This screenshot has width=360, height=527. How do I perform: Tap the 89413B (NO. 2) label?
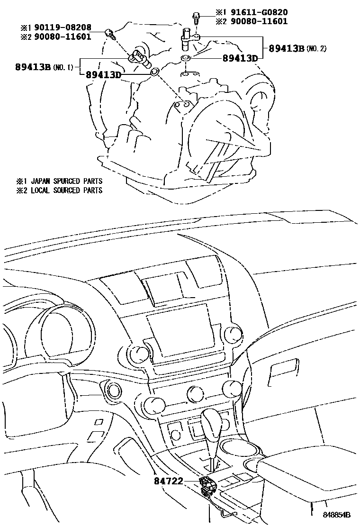tap(297, 49)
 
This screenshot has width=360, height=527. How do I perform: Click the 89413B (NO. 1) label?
tap(44, 67)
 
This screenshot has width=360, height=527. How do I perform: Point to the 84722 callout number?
tap(169, 481)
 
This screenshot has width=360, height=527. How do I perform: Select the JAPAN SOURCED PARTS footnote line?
tap(59, 181)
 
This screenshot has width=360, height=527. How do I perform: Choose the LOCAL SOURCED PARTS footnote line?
tap(59, 191)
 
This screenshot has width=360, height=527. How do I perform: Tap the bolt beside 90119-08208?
tap(110, 34)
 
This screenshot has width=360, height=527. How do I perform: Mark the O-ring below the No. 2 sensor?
tap(186, 58)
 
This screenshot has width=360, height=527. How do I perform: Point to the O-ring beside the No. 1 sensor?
tap(155, 71)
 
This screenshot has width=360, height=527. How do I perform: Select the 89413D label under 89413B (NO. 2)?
tap(240, 58)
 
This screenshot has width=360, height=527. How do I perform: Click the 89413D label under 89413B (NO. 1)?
tap(103, 74)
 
